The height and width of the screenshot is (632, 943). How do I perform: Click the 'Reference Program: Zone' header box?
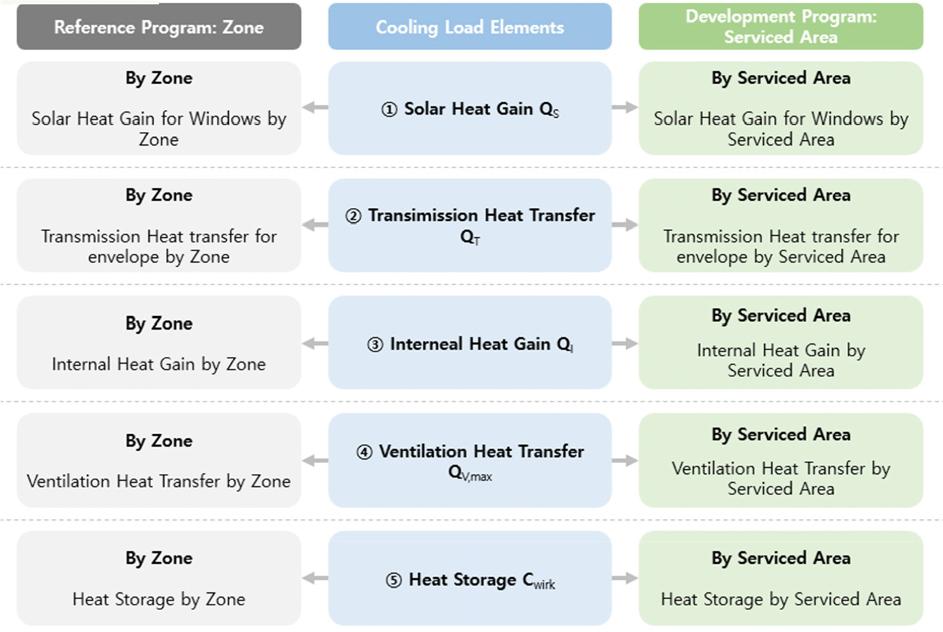coord(159,27)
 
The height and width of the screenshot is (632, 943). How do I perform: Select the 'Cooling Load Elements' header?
coord(470,27)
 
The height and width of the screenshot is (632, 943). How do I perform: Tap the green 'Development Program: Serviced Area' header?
coord(781,27)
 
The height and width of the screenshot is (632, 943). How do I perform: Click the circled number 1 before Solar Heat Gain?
coord(389,109)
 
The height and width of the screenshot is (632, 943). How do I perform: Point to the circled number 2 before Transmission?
coord(354,216)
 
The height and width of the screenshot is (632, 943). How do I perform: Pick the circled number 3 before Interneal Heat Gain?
coord(375,345)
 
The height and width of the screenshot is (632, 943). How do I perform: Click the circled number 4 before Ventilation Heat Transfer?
coord(364,452)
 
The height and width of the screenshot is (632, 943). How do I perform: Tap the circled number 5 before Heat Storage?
coord(394,581)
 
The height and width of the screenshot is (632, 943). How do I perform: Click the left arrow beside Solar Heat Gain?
coord(315,107)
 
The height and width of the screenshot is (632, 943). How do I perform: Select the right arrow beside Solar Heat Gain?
coord(625,107)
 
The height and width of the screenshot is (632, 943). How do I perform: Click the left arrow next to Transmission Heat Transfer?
coord(315,224)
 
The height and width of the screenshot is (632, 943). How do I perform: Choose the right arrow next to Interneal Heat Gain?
coord(625,343)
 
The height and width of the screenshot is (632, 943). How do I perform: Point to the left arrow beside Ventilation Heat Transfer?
coord(315,460)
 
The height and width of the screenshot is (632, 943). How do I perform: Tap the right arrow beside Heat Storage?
coord(625,578)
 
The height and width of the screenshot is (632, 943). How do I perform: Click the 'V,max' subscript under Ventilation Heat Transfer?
coord(477,477)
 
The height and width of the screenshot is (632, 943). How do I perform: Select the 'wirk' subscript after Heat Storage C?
coord(544,584)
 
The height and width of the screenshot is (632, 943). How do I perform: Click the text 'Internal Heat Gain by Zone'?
coord(159,365)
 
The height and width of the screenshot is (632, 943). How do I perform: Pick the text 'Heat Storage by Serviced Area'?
coord(781,600)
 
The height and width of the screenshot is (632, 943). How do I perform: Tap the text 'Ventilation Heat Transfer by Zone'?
coord(159,482)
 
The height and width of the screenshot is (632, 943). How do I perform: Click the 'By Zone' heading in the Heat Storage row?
coord(159,559)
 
